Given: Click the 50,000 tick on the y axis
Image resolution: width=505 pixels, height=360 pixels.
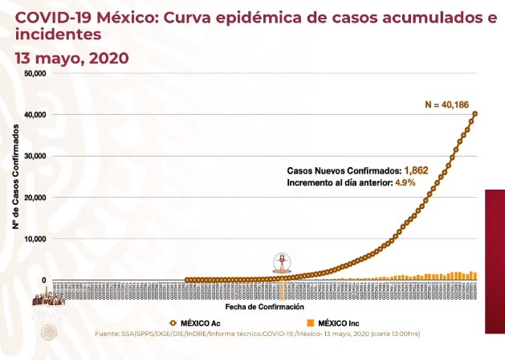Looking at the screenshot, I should pyautogui.click(x=35, y=73).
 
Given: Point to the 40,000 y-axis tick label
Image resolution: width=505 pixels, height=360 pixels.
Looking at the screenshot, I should pyautogui.click(x=35, y=115).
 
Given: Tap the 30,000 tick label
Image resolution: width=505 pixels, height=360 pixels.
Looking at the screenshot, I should pyautogui.click(x=35, y=156).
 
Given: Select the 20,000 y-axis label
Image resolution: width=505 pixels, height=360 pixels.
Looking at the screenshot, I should pyautogui.click(x=35, y=198).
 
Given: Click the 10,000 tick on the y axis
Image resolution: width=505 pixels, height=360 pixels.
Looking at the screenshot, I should pyautogui.click(x=35, y=239).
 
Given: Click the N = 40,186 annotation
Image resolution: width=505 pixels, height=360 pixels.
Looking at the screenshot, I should pyautogui.click(x=446, y=104).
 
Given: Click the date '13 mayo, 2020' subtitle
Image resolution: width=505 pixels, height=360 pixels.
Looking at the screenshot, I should pyautogui.click(x=71, y=58).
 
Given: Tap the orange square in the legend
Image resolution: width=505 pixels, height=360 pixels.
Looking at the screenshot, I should pyautogui.click(x=310, y=323).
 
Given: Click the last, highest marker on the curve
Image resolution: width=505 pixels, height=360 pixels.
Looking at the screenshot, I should pyautogui.click(x=475, y=113).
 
